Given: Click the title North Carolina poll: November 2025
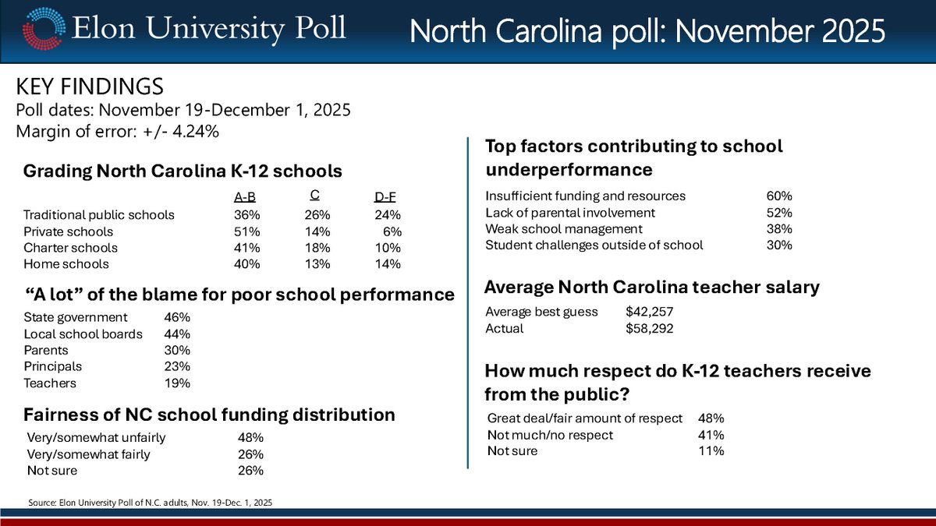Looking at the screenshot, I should pos(647,32).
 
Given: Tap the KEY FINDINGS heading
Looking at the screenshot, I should pos(90,86).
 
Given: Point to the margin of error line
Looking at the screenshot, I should pos(117,132).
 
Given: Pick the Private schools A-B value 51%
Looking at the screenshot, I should pos(246,231).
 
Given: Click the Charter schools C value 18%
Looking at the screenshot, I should pos(317,248).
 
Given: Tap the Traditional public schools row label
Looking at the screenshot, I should pos(98,215).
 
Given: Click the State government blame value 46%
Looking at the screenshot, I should pos(177,317).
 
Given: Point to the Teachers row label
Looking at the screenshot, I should pos(49,383).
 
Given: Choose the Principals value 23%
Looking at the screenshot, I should pos(177,366).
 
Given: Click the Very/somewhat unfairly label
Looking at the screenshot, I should pos(96,437).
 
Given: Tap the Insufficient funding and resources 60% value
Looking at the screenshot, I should pos(779,196).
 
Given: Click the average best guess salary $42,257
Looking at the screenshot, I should pos(649,312).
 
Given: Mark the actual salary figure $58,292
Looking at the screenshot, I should pos(649,328).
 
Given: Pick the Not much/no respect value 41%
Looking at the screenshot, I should pos(711,435).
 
